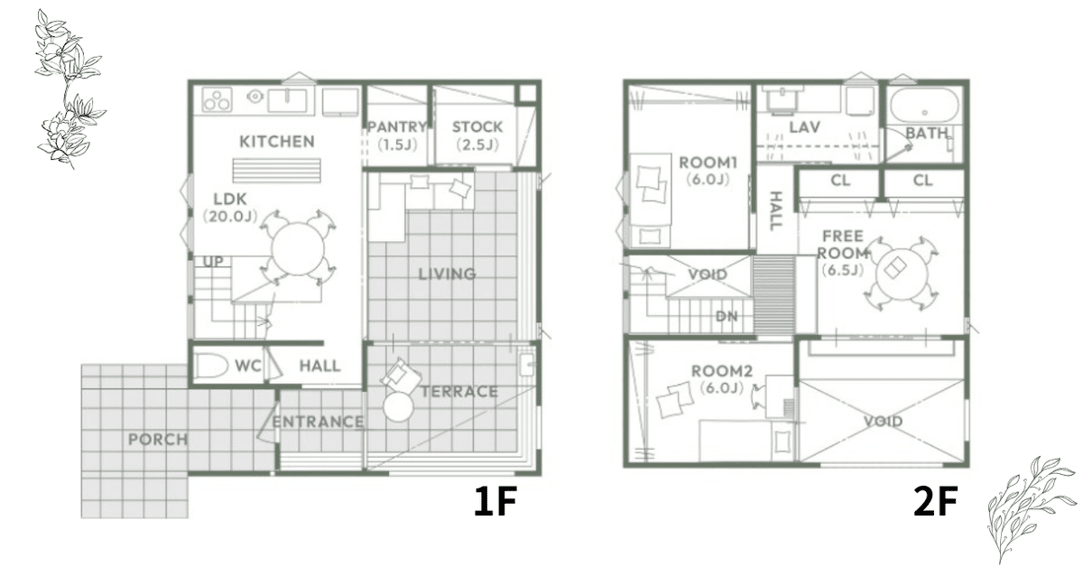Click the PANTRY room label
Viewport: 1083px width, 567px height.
pos(397,126)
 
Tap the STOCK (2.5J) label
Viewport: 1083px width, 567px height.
pos(477,135)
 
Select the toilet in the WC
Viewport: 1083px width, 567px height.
pos(211,366)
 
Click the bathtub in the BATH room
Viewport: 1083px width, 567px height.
pos(924,106)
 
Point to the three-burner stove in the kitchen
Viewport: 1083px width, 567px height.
pos(217,99)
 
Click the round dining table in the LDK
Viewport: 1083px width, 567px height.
pos(298,249)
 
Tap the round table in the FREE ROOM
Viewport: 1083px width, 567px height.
pos(902,274)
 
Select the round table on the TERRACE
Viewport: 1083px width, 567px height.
pos(398,407)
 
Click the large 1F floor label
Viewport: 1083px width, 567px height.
pos(495,501)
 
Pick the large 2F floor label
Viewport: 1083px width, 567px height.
pos(936,501)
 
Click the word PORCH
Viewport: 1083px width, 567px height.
pos(158,440)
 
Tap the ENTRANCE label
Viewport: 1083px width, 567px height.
pos(318,422)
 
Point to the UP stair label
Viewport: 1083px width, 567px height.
pos(213,262)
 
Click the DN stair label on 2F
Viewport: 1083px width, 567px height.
pos(727,316)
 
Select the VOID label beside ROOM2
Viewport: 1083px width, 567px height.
pos(883,421)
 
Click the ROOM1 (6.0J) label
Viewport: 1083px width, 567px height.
pos(708,171)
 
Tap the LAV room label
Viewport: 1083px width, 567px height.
pos(804,127)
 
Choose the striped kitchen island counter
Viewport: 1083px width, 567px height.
pos(277,171)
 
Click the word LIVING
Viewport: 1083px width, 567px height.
pos(447,274)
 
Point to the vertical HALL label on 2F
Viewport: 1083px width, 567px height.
pos(775,211)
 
